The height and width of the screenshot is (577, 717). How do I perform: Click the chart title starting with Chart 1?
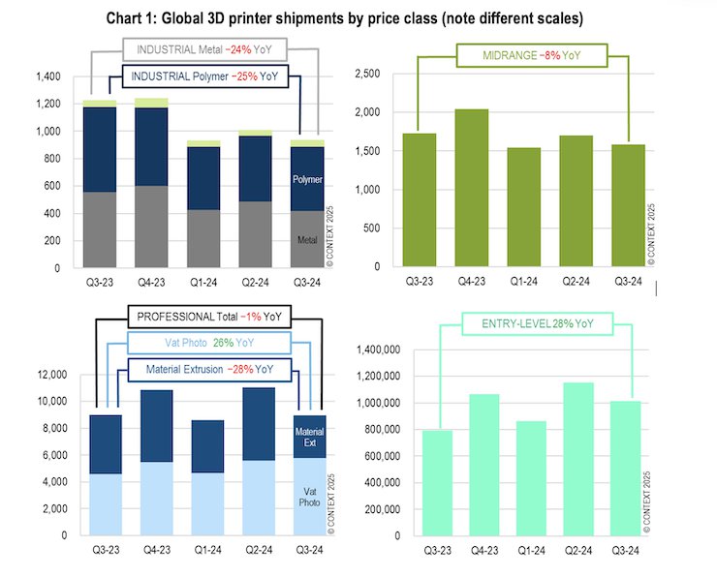tap(358, 17)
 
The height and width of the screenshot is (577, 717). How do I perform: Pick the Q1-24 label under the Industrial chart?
tap(203, 284)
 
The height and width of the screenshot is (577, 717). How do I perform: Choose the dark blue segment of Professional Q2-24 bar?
tap(258, 424)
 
